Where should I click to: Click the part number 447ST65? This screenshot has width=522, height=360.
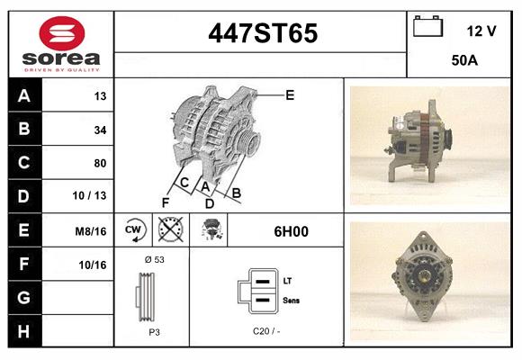262,33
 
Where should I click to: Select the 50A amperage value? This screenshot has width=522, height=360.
463,61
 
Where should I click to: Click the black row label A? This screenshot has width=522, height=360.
23,95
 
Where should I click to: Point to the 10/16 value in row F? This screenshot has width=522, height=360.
93,264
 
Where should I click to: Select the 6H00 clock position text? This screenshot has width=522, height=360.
291,231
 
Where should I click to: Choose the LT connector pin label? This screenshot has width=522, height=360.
287,281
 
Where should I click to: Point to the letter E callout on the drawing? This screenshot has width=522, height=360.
290,94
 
